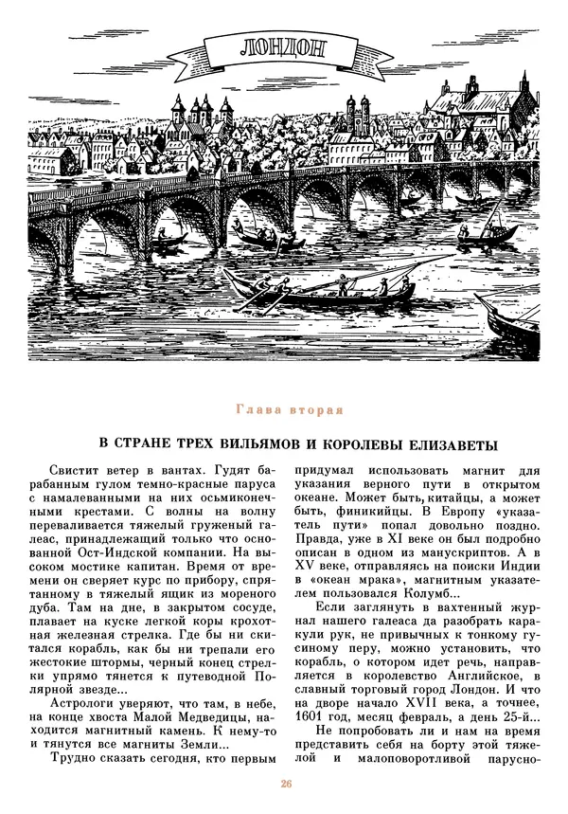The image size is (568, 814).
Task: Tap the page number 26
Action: click(x=284, y=784)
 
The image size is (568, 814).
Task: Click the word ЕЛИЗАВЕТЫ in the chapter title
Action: click(x=447, y=443)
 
